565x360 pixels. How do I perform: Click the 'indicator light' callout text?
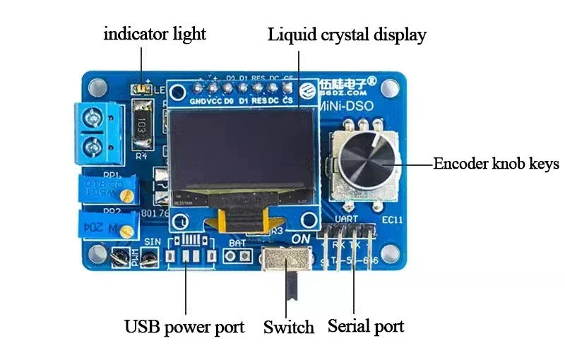pyautogui.click(x=155, y=34)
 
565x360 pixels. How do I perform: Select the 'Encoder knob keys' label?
pyautogui.click(x=496, y=164)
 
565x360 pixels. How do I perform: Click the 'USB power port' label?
pyautogui.click(x=184, y=327)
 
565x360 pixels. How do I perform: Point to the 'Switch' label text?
pyautogui.click(x=288, y=328)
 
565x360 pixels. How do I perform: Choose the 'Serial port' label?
pyautogui.click(x=366, y=326)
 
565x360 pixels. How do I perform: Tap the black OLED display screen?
pyautogui.click(x=241, y=152)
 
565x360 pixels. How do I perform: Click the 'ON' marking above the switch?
pyautogui.click(x=301, y=239)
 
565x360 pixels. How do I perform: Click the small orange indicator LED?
pyautogui.click(x=141, y=89)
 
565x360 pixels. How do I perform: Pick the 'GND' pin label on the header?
pyautogui.click(x=197, y=101)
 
